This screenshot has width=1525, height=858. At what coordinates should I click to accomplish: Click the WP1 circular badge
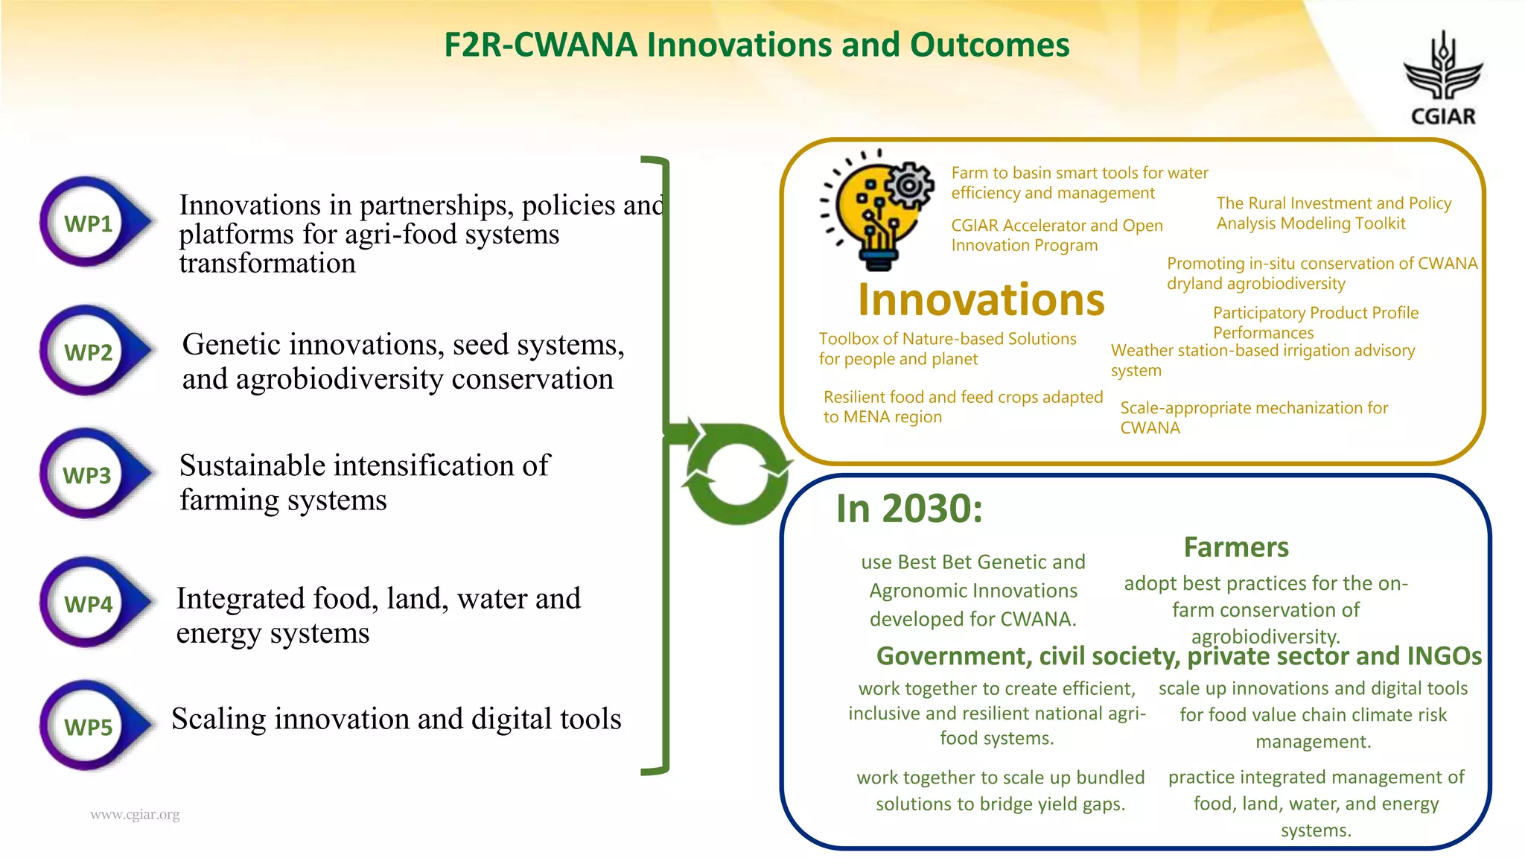click(x=88, y=223)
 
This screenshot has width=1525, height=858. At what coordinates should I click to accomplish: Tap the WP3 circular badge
click(x=88, y=474)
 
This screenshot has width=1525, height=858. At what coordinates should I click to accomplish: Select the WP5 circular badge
click(x=88, y=726)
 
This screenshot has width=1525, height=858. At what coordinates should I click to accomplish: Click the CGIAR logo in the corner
click(x=1442, y=79)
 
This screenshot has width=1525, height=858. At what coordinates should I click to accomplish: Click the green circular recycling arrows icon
click(x=736, y=474)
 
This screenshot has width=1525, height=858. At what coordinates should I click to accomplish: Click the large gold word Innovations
click(x=981, y=299)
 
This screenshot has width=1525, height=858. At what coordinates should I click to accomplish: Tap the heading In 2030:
click(x=909, y=509)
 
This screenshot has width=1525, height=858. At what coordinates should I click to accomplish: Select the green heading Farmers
click(x=1236, y=547)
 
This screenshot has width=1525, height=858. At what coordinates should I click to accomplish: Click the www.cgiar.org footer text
click(x=135, y=814)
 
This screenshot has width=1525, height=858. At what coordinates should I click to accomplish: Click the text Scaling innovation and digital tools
click(x=396, y=719)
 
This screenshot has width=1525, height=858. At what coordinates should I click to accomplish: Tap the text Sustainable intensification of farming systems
click(x=364, y=483)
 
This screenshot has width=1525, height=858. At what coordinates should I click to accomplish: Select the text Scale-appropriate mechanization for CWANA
click(x=1253, y=417)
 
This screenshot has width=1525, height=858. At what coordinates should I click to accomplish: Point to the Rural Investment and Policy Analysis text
click(x=1333, y=213)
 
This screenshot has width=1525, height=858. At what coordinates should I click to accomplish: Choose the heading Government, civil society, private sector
click(x=1178, y=656)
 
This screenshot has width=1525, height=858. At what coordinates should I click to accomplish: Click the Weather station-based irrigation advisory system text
click(x=1262, y=359)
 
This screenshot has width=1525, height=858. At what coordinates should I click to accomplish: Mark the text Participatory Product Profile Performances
click(x=1315, y=322)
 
